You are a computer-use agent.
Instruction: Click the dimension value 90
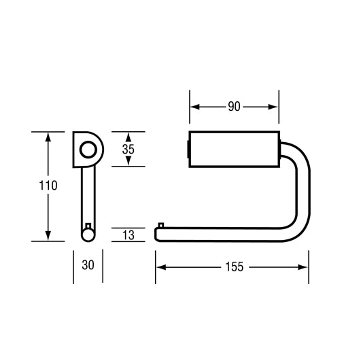234,107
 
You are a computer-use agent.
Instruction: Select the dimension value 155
233,267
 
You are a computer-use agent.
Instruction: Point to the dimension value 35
128,148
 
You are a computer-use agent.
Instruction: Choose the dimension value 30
88,266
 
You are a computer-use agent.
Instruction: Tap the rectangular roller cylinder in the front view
234,148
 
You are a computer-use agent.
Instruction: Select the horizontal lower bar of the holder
224,233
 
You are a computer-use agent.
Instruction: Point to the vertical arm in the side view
87,197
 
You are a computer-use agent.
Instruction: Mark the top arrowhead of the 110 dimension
48,136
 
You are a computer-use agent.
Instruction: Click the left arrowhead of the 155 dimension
160,267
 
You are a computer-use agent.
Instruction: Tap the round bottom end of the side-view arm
87,235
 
